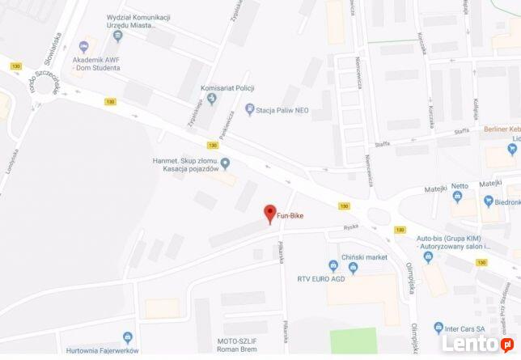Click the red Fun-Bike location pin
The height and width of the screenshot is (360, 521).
point(270,214)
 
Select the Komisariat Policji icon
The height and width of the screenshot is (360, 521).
point(212,100)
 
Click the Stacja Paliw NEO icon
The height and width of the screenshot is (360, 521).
point(249,109)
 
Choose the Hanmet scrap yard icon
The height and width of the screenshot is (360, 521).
point(226,163)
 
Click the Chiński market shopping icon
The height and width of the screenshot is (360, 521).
point(333,265)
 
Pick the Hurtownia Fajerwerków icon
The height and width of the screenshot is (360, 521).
point(127,337)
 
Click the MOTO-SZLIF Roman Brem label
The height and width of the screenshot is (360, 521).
point(242,347)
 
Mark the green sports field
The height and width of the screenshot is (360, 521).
point(353,341)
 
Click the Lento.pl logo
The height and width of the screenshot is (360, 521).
point(485,344)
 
